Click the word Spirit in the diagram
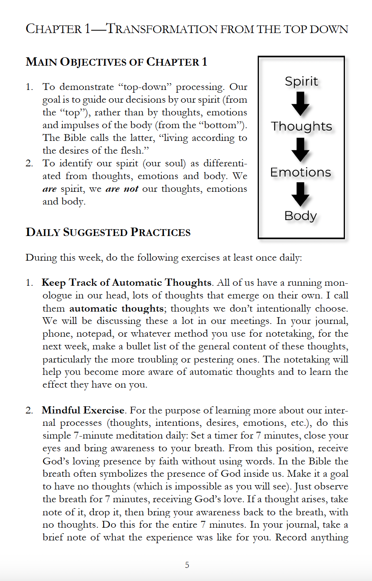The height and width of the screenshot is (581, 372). point(302,81)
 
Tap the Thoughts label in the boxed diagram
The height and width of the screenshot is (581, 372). point(302,126)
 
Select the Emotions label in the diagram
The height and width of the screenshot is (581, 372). point(301,172)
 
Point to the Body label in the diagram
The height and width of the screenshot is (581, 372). point(301,216)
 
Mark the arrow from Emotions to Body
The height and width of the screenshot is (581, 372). point(300,194)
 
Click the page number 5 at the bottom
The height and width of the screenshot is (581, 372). point(187,565)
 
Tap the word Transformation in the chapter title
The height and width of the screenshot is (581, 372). point(162,29)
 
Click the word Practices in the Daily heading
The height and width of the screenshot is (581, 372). point(161,232)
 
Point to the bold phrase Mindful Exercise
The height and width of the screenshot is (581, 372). point(83,410)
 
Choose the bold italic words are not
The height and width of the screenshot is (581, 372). point(122,189)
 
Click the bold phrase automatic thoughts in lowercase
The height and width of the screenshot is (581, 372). point(116,308)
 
